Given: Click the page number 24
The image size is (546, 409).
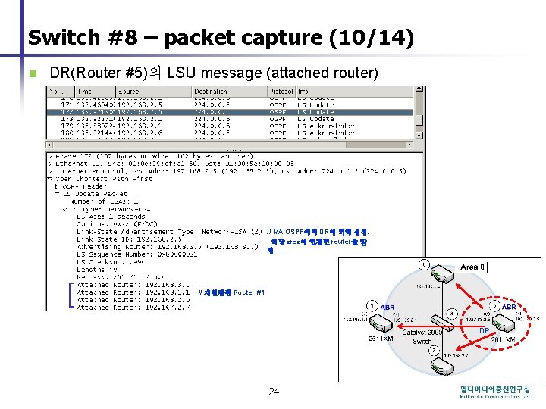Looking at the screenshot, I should coord(274,392).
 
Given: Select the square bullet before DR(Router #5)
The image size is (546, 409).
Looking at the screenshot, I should coord(31,73).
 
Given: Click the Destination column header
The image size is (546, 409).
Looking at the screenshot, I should coord(209,92).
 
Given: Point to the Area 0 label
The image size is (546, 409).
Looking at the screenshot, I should coord(472,267).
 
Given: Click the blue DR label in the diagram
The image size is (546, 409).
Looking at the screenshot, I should coord(484,330).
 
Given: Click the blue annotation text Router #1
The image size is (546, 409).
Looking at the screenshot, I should coord(249,292).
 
